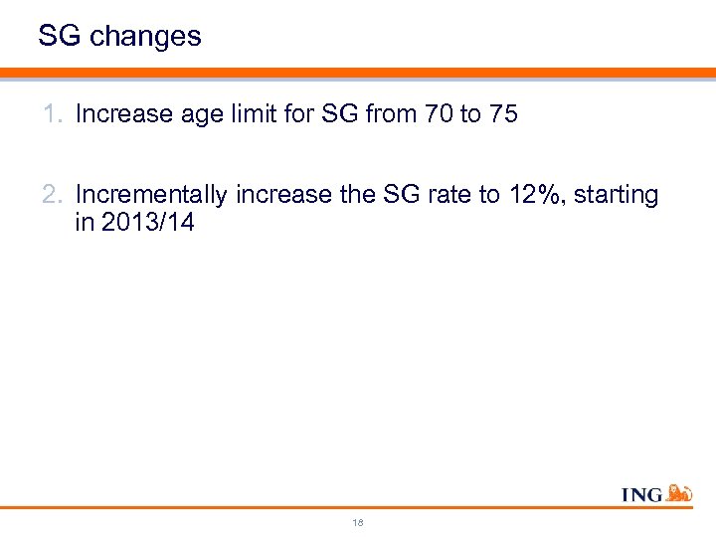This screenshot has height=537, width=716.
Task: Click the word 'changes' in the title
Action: [145, 38]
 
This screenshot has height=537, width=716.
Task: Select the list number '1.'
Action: [54, 114]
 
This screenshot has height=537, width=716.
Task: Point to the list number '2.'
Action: [54, 195]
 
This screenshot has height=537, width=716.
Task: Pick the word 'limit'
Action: [256, 114]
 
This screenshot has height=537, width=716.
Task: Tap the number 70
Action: [437, 114]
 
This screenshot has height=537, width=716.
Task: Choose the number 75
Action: [502, 114]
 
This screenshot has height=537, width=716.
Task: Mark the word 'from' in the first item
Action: [391, 114]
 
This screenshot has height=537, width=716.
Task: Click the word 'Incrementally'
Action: [151, 195]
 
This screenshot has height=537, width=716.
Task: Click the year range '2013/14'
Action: [147, 223]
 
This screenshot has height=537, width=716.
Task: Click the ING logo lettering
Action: [641, 494]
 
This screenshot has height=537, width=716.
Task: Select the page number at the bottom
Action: [358, 521]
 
